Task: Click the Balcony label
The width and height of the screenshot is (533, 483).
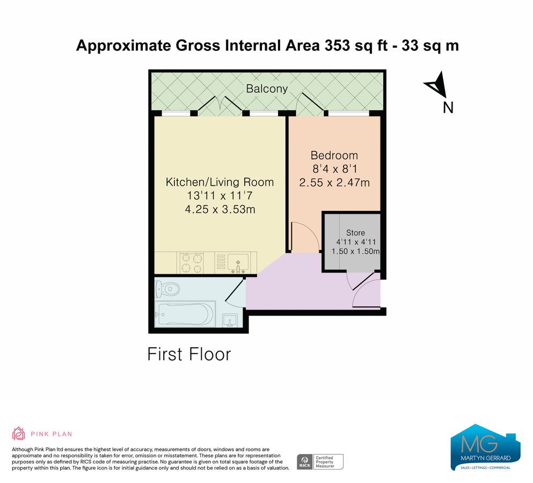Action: point(267,89)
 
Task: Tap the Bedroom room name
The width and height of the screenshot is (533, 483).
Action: point(334,155)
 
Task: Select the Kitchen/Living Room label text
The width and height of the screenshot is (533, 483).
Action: point(220,182)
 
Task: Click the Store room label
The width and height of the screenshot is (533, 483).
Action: point(355,233)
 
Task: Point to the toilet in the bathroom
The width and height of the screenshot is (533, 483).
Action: point(166,289)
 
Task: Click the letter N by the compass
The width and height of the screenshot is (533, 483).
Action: point(448,108)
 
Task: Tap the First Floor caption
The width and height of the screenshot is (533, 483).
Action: point(189,354)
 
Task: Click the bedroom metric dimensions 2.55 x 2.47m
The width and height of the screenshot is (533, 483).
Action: point(334,182)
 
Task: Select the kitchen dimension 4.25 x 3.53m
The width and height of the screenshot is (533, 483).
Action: point(220,209)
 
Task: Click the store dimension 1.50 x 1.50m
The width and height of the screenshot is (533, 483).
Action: point(355,251)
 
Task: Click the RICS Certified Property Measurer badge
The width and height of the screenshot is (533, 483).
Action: point(320,462)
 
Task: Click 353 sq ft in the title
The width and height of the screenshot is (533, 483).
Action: point(354,46)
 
